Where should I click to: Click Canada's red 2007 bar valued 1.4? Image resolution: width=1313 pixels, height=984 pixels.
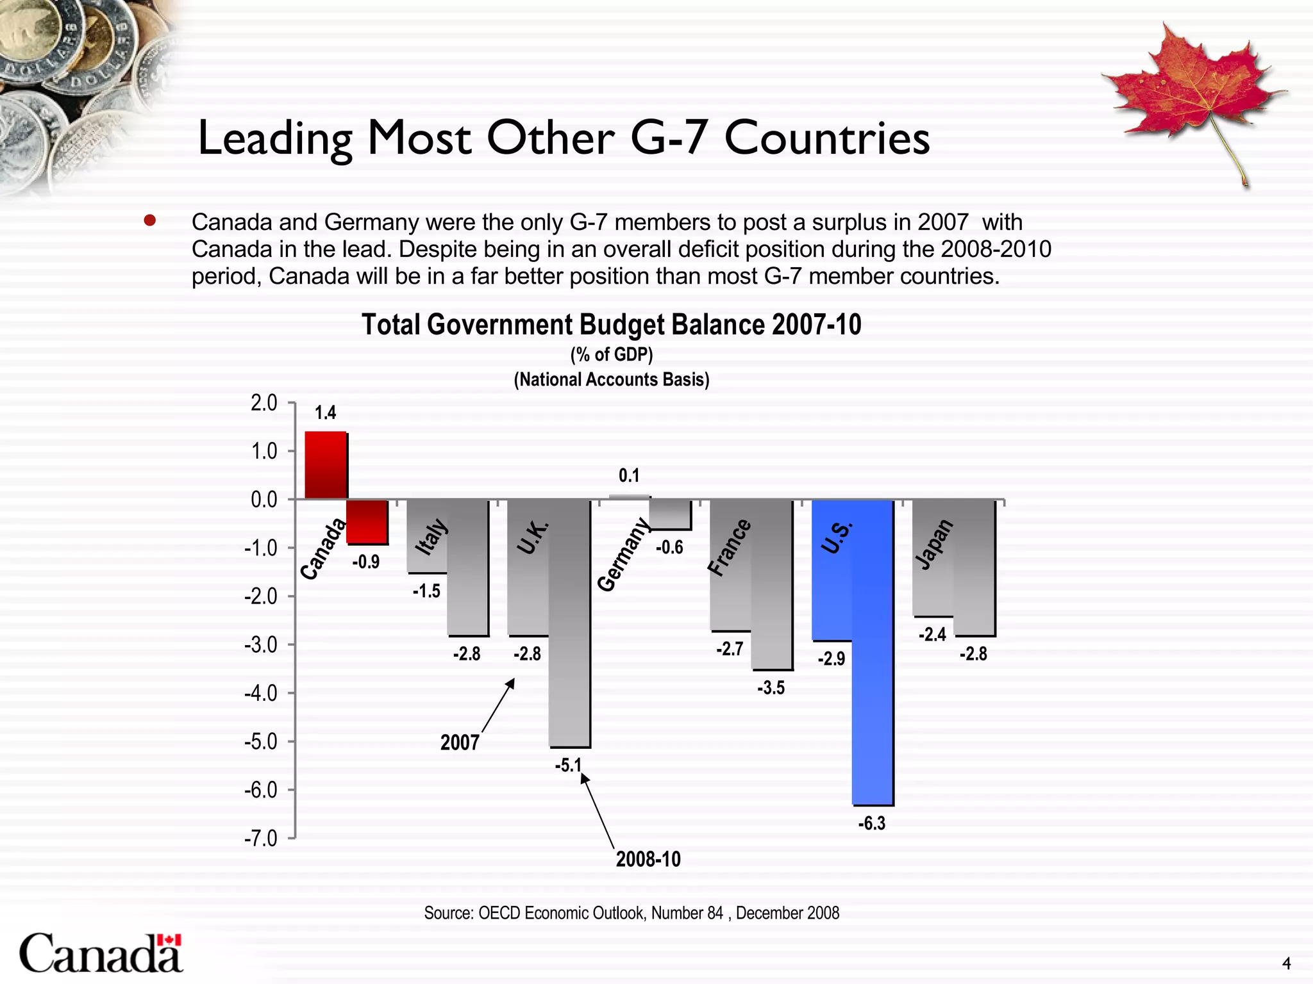pos(326,465)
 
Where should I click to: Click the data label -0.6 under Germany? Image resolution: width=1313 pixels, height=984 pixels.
pos(669,548)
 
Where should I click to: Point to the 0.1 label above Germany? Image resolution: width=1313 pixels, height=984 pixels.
pos(629,475)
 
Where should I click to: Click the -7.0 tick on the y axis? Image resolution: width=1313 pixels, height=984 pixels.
pos(261,839)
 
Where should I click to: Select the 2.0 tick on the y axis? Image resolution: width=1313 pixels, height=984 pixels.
pos(263,404)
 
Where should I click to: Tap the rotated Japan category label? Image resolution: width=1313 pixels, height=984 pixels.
pos(933,545)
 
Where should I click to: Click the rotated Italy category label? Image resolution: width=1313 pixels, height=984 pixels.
pos(431,537)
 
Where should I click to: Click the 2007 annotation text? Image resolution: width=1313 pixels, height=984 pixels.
pos(460,742)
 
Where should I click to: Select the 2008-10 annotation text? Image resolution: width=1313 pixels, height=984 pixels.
pos(648,859)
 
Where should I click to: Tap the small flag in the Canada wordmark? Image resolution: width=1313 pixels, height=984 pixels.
pos(169,940)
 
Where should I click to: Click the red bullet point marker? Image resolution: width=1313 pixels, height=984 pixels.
pos(150,221)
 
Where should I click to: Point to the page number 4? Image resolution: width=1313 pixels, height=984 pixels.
pos(1286,963)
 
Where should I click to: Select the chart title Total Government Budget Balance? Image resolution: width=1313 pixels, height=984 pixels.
pos(611,325)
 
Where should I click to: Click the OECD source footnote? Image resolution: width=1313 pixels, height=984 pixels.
pos(631,913)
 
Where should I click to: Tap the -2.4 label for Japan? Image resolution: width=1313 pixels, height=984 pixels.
pos(932,635)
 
